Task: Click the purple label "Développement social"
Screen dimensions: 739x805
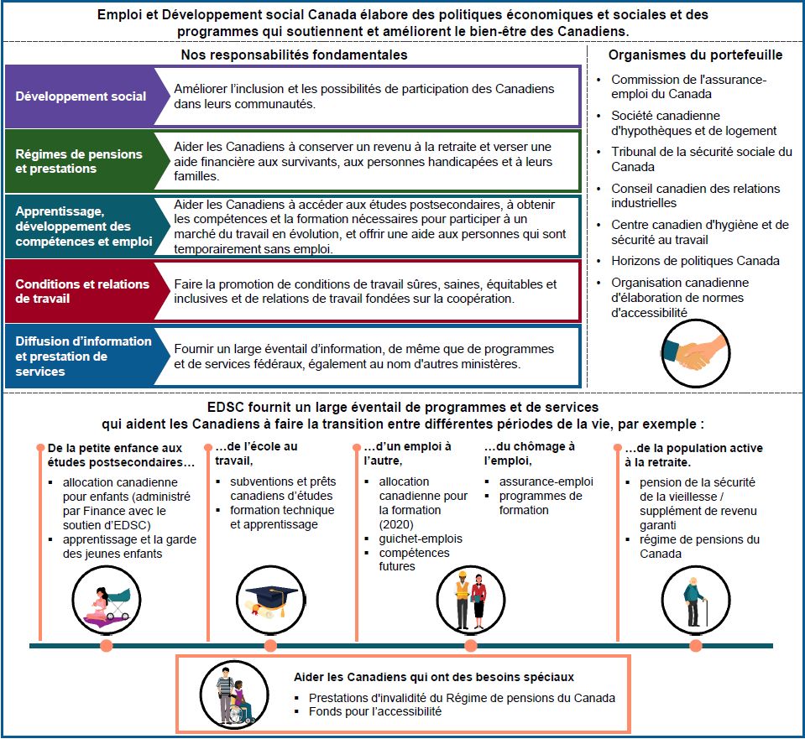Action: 81,96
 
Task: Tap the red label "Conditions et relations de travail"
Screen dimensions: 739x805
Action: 81,291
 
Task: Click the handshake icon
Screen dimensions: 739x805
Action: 694,351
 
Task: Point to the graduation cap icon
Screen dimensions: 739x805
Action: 270,598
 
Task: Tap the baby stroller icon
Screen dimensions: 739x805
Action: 106,601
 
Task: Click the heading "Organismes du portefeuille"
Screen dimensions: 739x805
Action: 696,55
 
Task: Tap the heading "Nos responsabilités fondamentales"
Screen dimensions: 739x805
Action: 294,55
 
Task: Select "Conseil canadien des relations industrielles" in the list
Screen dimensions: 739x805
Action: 695,195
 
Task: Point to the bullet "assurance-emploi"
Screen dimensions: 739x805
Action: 546,481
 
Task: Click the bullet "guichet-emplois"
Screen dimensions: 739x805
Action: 421,539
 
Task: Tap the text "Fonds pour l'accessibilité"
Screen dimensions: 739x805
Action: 374,711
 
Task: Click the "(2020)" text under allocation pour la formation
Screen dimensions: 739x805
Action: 397,524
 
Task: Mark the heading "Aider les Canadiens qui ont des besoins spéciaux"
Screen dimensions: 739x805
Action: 434,676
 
